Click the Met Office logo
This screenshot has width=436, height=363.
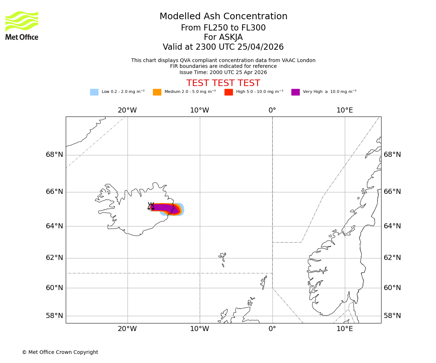pyautogui.click(x=22, y=25)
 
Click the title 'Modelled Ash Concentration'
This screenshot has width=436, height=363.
pyautogui.click(x=223, y=17)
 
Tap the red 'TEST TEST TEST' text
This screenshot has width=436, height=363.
pyautogui.click(x=223, y=83)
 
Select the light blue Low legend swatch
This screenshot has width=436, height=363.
pyautogui.click(x=94, y=92)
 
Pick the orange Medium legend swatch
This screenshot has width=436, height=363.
pyautogui.click(x=157, y=92)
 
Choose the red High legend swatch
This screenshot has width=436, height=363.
pyautogui.click(x=229, y=92)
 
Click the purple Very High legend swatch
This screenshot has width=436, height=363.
pyautogui.click(x=295, y=92)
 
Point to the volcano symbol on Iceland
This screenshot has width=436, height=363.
pyautogui.click(x=151, y=206)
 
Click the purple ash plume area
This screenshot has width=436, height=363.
pyautogui.click(x=163, y=208)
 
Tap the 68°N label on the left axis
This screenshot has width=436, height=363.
pyautogui.click(x=54, y=155)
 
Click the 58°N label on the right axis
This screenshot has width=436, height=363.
pyautogui.click(x=392, y=316)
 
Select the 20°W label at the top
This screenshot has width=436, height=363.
pyautogui.click(x=127, y=110)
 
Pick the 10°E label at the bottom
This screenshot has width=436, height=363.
pyautogui.click(x=344, y=329)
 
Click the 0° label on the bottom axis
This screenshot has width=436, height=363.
pyautogui.click(x=272, y=329)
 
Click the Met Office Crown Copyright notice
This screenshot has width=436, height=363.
pyautogui.click(x=60, y=352)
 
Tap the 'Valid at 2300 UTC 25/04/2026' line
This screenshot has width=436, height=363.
pyautogui.click(x=223, y=47)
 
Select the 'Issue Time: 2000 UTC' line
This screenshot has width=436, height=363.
pyautogui.click(x=223, y=73)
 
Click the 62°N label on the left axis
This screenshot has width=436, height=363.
pyautogui.click(x=54, y=258)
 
